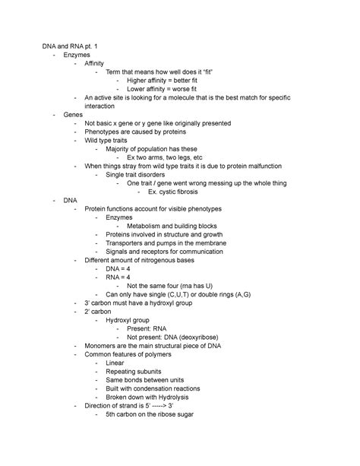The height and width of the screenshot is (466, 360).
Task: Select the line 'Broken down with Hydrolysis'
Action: click(x=147, y=396)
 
